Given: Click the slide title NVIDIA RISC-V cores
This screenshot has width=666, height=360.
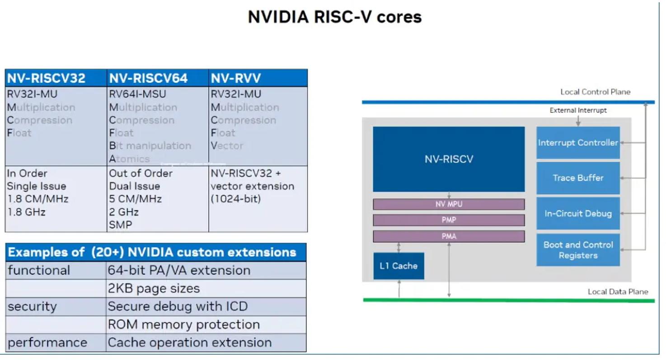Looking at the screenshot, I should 334,17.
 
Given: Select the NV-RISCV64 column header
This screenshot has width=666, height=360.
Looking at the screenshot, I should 148,79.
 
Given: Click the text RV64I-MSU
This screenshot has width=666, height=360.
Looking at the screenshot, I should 137,94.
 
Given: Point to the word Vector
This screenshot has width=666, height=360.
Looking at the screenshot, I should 227,146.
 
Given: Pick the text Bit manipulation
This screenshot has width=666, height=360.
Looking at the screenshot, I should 150,146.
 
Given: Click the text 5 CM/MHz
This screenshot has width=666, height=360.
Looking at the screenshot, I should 135,199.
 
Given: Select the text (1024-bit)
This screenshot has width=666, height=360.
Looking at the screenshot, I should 236,199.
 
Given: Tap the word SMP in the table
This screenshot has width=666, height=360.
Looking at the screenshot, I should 121,225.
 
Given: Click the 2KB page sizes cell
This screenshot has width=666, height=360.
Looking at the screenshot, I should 154,289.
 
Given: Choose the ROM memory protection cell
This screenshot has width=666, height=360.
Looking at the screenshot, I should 183,325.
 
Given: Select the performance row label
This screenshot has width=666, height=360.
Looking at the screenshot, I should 47,343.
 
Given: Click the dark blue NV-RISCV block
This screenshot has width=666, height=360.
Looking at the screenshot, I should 449,159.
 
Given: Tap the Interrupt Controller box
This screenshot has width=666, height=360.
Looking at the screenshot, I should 578,143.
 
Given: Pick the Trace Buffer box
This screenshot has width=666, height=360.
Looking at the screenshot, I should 578,178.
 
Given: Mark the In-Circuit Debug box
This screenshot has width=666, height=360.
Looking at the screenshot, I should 578,213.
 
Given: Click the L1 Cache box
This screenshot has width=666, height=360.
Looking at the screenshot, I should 399,266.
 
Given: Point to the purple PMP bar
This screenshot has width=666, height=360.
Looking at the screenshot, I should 449,220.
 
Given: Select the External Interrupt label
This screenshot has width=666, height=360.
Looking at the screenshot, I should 578,110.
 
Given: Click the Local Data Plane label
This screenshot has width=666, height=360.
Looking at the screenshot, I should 618,292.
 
